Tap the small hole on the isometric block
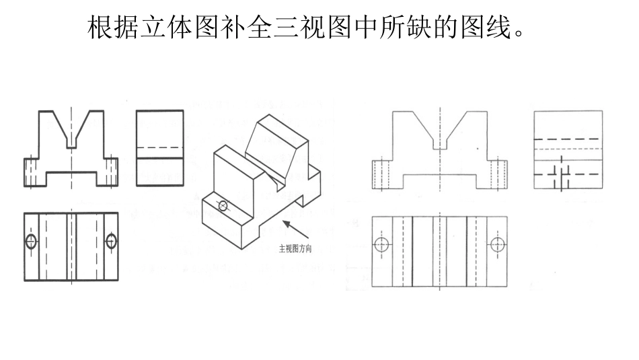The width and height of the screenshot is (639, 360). coord(223,206)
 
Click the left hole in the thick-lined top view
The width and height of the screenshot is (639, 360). coord(31,241)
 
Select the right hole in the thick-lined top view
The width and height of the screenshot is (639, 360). coord(111,241)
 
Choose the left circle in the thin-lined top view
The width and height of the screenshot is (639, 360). coord(381,244)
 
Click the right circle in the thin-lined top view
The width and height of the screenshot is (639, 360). coord(498,244)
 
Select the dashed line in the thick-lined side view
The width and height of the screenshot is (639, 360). coord(160,147)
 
